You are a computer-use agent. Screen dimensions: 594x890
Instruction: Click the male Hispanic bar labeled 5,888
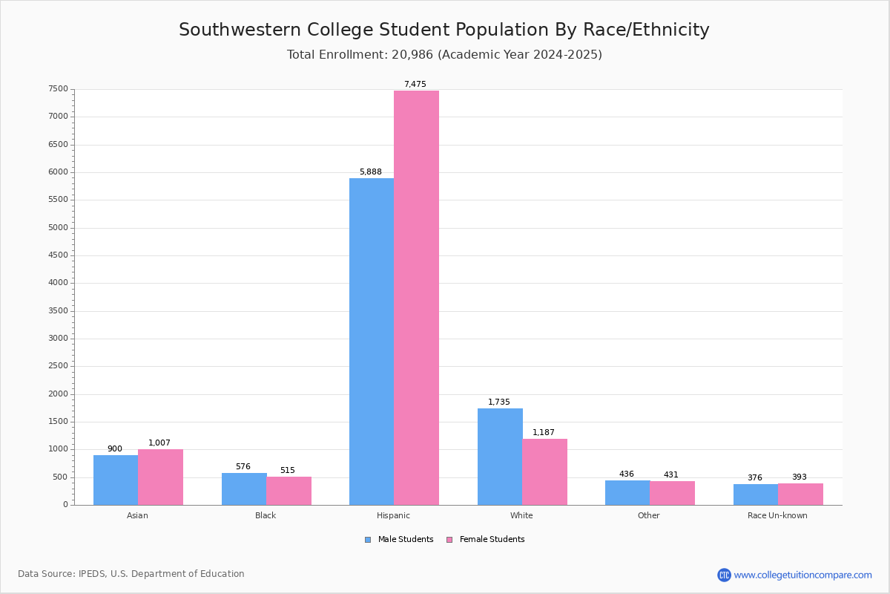[372, 342]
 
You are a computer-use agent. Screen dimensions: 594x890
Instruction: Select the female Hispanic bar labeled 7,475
[416, 297]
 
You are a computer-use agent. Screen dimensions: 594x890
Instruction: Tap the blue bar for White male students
[500, 457]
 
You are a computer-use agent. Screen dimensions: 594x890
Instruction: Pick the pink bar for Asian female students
[160, 477]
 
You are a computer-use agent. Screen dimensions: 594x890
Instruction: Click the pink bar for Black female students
[289, 491]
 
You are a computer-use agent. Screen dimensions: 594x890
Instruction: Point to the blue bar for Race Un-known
[755, 495]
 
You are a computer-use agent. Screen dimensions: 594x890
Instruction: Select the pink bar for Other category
[672, 493]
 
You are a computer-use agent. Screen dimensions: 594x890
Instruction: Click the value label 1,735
[498, 402]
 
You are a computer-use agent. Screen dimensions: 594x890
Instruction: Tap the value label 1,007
[159, 443]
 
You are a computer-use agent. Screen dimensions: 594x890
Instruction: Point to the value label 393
[799, 477]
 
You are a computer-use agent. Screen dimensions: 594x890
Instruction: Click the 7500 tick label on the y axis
[58, 89]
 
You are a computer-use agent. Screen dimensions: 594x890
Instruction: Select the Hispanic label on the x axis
[393, 515]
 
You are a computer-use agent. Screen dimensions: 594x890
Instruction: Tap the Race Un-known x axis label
[777, 515]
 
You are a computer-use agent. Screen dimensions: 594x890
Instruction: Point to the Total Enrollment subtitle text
[444, 55]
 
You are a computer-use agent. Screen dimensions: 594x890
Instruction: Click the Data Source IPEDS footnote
[131, 574]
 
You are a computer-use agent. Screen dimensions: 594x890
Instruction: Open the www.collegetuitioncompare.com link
[802, 575]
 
